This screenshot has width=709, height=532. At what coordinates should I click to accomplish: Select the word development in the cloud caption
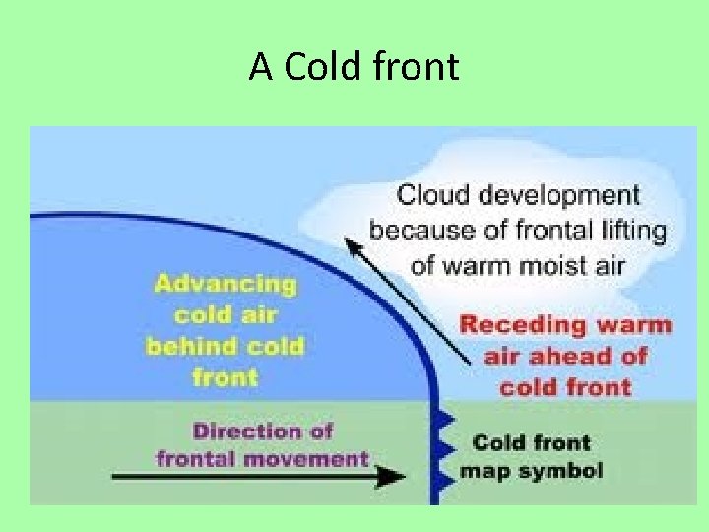(x=556, y=195)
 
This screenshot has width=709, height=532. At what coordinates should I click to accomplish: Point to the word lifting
(x=634, y=231)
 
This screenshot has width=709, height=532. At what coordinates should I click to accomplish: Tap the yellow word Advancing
(x=225, y=284)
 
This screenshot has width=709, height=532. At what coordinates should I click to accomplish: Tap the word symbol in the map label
(x=562, y=470)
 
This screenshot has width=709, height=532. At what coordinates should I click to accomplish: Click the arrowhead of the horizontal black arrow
(x=393, y=477)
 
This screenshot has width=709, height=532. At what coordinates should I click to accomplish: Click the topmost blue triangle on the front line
(x=444, y=419)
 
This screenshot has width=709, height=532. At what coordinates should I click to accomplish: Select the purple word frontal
(x=198, y=458)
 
